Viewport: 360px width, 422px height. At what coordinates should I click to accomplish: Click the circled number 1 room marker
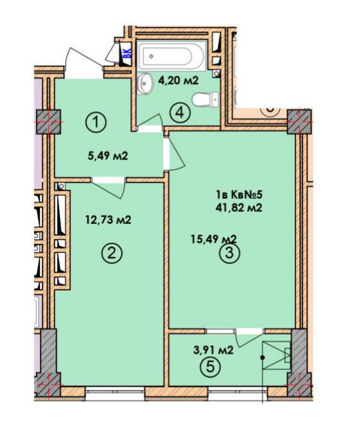tap(96, 123)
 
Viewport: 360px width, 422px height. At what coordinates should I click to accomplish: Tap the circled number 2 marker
tap(112, 253)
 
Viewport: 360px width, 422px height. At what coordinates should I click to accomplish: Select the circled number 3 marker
tap(230, 253)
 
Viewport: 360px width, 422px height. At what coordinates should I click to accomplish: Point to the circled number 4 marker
tap(180, 113)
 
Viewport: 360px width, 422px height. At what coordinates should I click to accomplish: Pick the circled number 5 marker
tap(210, 367)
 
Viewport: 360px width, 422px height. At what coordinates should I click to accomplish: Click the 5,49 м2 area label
tap(108, 156)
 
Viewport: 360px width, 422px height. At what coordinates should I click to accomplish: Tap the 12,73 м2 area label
tap(108, 220)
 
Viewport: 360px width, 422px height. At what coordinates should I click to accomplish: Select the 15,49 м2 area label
tap(214, 239)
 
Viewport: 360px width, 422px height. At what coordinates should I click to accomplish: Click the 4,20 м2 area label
tap(178, 80)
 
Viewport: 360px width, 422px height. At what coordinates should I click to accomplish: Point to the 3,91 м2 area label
tap(213, 350)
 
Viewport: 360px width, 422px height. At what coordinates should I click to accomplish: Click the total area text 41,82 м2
tap(239, 208)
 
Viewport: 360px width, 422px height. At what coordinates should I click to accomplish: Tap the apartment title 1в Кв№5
tap(239, 195)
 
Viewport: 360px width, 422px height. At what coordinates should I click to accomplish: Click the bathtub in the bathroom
tap(171, 56)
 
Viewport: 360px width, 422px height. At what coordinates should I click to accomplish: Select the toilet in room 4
tap(206, 99)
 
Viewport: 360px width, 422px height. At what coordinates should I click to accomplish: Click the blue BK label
tap(127, 53)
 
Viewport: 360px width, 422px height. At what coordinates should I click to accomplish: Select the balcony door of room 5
tap(250, 337)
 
